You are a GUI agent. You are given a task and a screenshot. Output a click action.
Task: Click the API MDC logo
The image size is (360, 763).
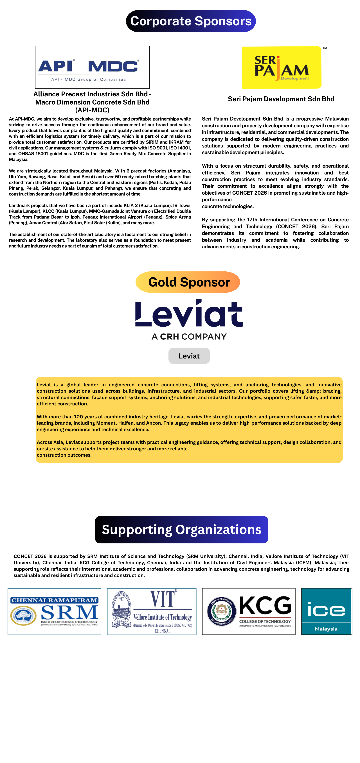point(92,67)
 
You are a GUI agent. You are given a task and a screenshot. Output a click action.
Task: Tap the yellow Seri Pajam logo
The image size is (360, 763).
point(281,67)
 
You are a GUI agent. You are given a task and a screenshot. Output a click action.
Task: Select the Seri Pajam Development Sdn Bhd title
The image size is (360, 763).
point(281,99)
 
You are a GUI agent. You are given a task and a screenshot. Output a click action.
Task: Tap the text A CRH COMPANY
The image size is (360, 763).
point(189,337)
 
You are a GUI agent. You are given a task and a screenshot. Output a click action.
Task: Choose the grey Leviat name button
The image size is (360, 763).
point(189,356)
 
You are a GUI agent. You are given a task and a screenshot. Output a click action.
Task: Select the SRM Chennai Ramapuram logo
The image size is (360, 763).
point(54,611)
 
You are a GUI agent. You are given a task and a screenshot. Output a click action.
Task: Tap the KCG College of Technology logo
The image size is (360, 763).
point(249,611)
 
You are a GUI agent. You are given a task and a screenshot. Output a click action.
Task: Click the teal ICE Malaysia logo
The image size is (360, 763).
point(327,611)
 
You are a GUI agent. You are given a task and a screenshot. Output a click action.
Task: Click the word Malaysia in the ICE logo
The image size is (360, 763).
point(326,629)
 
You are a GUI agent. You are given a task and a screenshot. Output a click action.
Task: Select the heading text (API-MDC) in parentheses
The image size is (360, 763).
point(92,110)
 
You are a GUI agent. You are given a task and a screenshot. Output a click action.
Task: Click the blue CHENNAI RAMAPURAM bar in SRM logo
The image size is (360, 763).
point(54,600)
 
